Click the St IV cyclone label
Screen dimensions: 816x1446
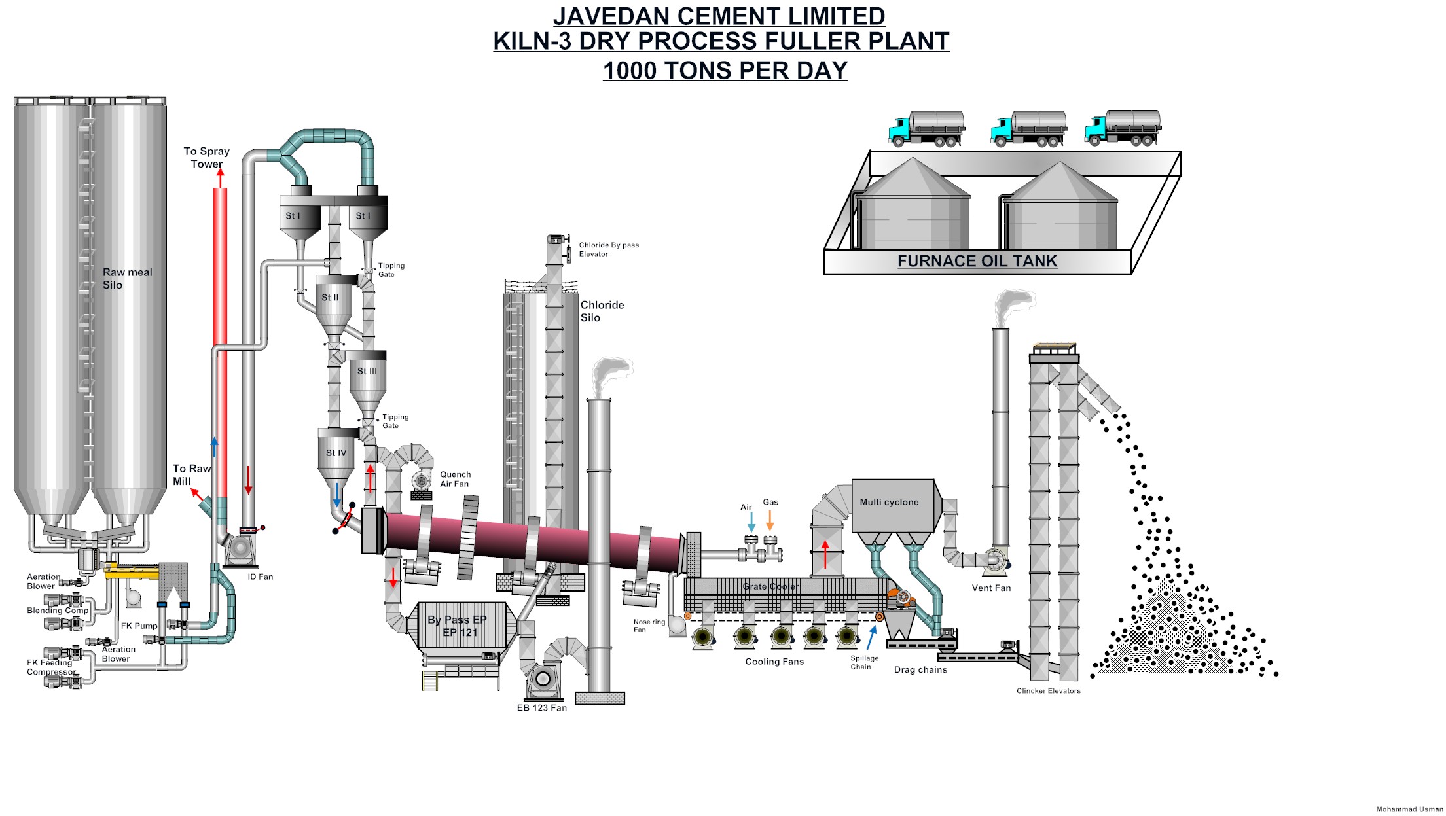[336, 453]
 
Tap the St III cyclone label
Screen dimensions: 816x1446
[367, 371]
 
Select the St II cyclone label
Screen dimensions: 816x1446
[330, 298]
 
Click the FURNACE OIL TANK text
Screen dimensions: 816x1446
[977, 261]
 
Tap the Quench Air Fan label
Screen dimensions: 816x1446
[455, 479]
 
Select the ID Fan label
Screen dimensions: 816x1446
[260, 577]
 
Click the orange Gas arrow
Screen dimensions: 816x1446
[770, 521]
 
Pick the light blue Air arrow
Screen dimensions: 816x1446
[751, 523]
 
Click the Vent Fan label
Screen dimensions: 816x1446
[991, 588]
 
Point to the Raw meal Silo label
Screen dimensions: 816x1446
[127, 279]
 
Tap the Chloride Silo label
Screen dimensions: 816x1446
[602, 311]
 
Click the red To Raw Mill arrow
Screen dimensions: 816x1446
[197, 495]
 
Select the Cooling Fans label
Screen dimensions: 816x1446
[774, 662]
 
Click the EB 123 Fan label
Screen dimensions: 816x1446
[541, 708]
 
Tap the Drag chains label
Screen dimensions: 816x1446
[920, 670]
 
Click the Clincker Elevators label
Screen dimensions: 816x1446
[1048, 691]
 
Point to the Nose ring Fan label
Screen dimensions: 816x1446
[649, 626]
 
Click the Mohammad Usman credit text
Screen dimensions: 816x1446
[1409, 809]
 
